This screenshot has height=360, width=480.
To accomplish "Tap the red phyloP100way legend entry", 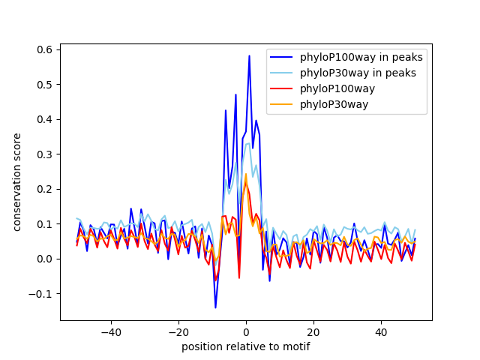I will [344, 89].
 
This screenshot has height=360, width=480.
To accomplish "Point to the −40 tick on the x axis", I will [110, 331].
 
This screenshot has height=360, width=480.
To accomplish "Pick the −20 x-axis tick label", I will [178, 331].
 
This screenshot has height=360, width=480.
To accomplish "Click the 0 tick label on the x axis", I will [246, 331].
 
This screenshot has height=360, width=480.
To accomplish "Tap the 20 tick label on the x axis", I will [313, 331].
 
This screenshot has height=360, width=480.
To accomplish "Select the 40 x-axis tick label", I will [381, 331].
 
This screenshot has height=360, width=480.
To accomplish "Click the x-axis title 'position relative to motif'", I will [246, 346].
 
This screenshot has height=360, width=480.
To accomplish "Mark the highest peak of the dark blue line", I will [249, 55].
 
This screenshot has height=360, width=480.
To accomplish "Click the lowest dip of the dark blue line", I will [215, 307].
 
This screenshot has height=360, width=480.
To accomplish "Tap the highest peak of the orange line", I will [245, 174].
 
